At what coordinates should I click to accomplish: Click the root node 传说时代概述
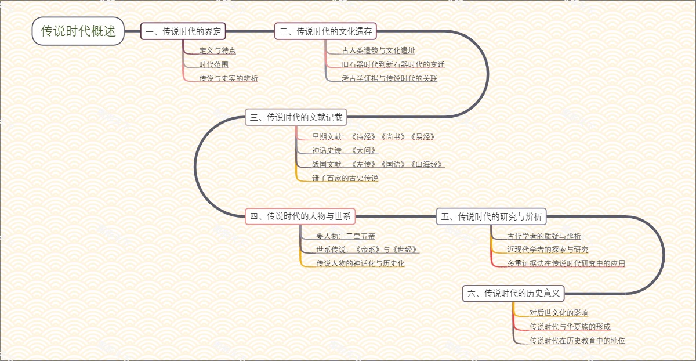coord(78,31)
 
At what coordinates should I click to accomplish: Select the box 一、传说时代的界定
coord(183,31)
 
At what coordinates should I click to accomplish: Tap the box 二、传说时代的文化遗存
coord(325,31)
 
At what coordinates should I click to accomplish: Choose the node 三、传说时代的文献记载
coord(296,117)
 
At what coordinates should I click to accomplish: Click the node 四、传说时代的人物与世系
coord(300,216)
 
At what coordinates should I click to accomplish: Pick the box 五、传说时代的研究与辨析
coord(491,216)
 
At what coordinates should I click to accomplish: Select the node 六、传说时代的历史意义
coord(513,293)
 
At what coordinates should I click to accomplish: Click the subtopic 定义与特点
coord(217,50)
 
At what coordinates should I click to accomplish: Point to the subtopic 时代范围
coord(214,64)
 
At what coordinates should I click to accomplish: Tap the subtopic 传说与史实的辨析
coord(229,78)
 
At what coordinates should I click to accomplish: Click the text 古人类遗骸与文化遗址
coord(379,50)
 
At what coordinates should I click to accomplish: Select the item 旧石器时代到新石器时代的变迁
coord(393,64)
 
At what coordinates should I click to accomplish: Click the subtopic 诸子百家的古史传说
coord(345,178)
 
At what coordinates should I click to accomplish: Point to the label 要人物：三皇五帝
coord(346,236)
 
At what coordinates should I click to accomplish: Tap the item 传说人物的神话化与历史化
coord(360,263)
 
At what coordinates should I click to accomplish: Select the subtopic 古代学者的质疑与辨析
coord(544,236)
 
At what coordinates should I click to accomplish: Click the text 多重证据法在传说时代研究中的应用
coord(566,263)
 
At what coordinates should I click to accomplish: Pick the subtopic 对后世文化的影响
coord(559,313)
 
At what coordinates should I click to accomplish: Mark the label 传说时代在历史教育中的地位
coord(577,341)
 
